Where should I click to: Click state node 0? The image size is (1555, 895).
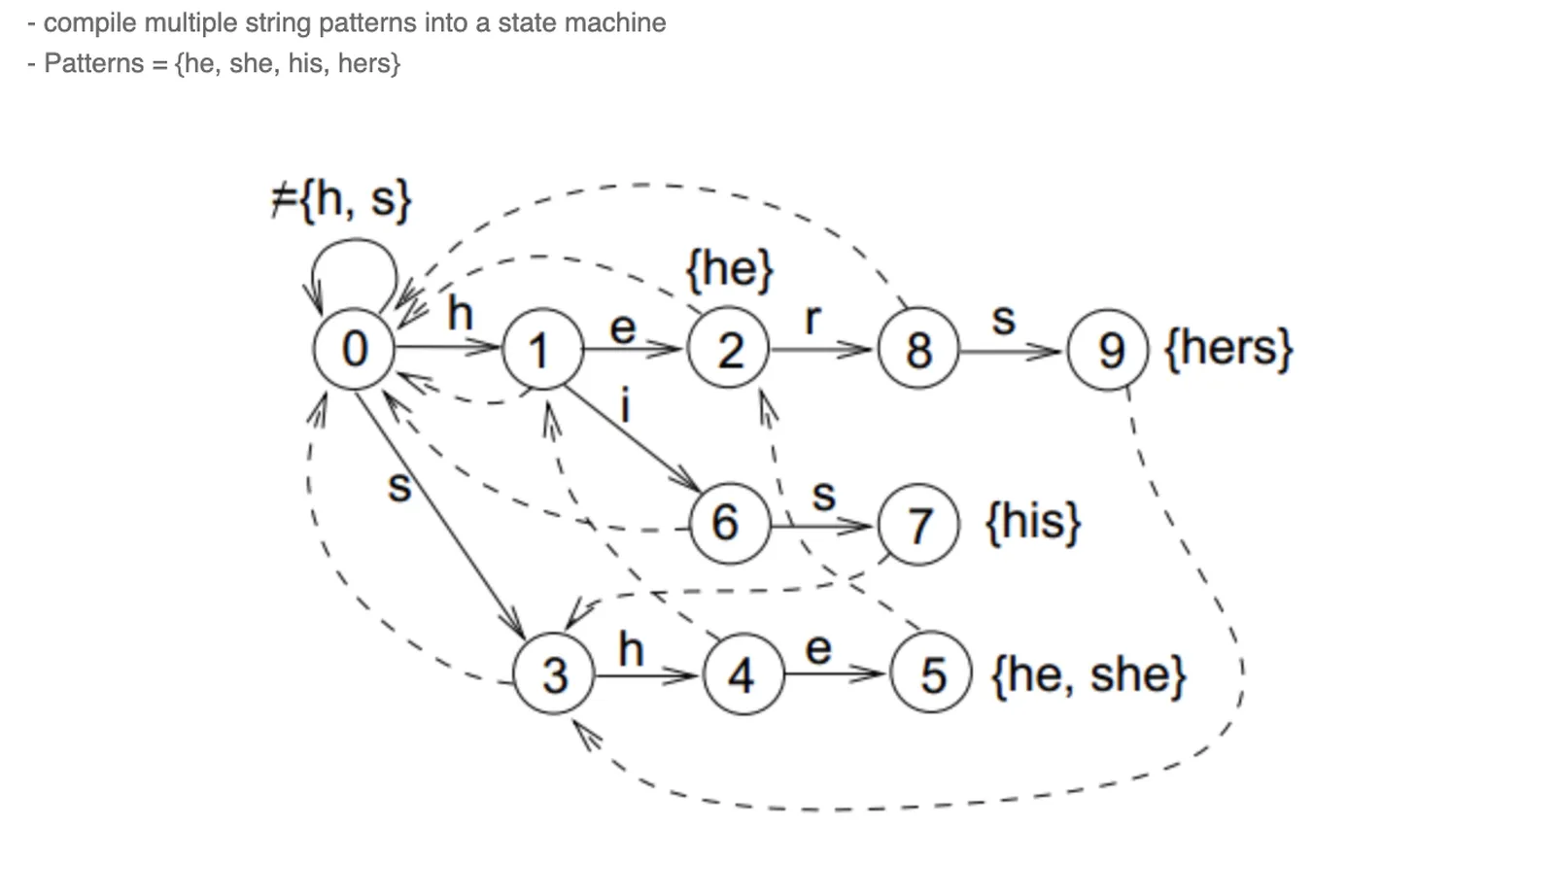(x=355, y=349)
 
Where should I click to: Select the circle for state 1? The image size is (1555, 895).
(x=542, y=350)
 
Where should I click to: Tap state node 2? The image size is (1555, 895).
(x=729, y=350)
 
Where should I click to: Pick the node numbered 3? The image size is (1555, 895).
(x=554, y=674)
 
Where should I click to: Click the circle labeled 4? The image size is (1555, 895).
(x=743, y=674)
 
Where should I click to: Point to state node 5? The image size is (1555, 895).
(x=932, y=674)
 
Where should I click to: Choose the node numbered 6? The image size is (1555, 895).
(x=727, y=524)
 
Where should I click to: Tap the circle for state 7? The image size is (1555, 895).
(x=918, y=525)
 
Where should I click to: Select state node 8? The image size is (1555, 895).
(x=918, y=350)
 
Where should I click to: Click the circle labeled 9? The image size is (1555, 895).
(x=1109, y=350)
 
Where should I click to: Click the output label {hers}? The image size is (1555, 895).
(x=1228, y=348)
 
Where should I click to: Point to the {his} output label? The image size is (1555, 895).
(x=1033, y=522)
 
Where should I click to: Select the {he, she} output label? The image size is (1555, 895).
(x=1088, y=674)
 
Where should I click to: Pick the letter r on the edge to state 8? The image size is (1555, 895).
(x=812, y=318)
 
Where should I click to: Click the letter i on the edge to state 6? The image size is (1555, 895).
(x=625, y=404)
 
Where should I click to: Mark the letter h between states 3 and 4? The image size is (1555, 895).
(x=631, y=648)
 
